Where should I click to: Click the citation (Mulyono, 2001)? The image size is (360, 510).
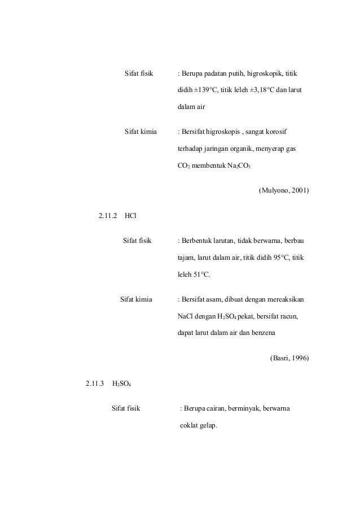[283, 190]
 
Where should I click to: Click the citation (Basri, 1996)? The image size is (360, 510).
[289, 358]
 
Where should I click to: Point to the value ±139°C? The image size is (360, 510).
[205, 90]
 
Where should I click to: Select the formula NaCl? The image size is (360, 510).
[186, 316]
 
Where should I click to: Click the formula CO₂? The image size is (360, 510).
[185, 165]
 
